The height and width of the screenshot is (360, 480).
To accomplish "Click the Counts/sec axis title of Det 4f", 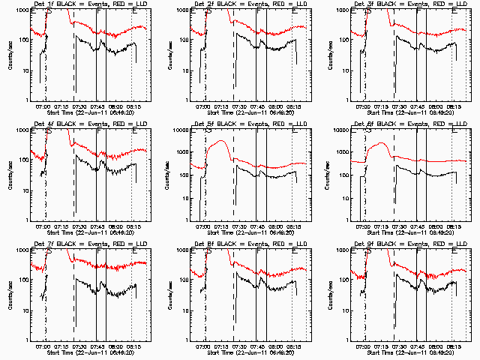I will [9, 177].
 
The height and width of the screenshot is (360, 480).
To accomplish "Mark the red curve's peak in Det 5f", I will [221, 141].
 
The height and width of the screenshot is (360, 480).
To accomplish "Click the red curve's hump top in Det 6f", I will [382, 143].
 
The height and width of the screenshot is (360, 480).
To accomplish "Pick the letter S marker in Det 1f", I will [49, 13].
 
